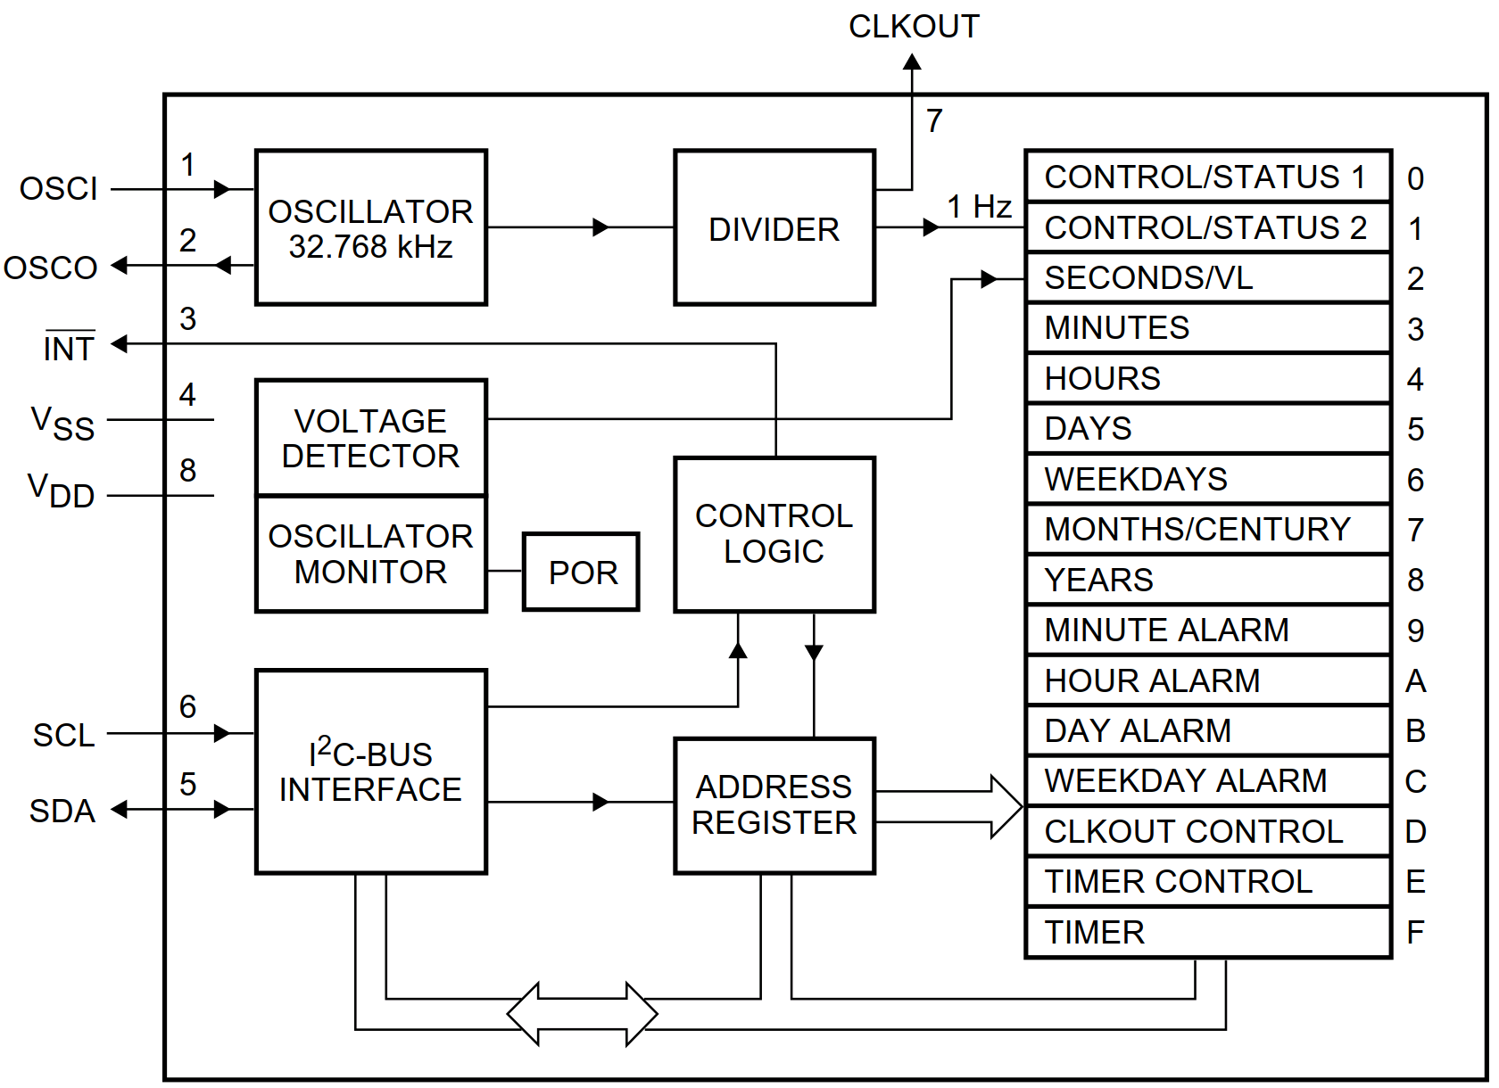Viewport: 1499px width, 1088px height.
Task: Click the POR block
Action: tap(581, 572)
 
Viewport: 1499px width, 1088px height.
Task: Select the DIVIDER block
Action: tap(774, 228)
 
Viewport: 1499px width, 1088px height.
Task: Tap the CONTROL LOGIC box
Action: tap(774, 534)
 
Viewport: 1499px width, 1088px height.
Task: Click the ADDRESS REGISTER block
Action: tap(774, 804)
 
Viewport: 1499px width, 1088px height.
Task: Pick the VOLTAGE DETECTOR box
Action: tap(370, 438)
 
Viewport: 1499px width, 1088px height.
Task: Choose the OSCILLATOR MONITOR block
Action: tap(370, 554)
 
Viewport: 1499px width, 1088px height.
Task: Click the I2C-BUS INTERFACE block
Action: tap(370, 771)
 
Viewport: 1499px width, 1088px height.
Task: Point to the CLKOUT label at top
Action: tap(913, 27)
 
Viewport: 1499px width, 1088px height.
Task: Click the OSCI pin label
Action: tap(59, 189)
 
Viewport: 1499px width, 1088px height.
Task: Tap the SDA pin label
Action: tap(62, 811)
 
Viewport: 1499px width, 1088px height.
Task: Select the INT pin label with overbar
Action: tap(69, 348)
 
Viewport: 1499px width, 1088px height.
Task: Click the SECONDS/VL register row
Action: tap(1207, 278)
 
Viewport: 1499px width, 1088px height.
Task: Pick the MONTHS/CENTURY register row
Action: tap(1207, 530)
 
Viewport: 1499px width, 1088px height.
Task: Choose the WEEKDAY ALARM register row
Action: tap(1207, 781)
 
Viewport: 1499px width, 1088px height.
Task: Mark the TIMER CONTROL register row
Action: tap(1207, 882)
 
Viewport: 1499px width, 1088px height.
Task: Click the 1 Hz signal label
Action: tap(979, 207)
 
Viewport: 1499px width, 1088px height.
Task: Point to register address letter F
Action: tap(1415, 933)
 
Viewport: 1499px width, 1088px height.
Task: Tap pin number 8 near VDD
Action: tap(187, 470)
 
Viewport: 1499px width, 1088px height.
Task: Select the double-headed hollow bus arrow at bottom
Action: tap(582, 1014)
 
